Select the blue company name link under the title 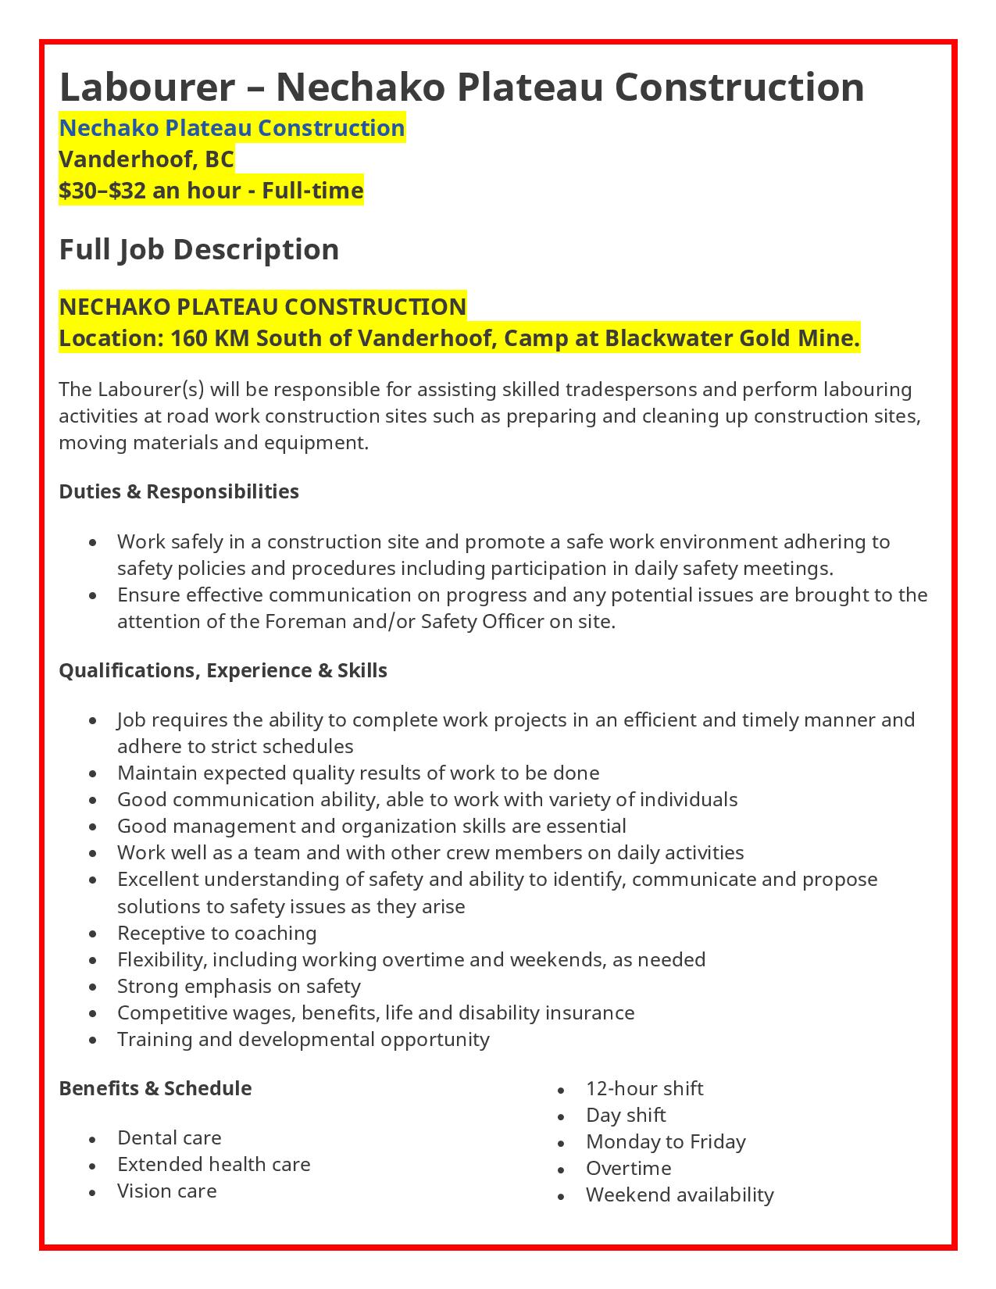point(232,128)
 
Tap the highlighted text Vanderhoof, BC point(146,159)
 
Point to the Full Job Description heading point(199,249)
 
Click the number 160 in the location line point(187,339)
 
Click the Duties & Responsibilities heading point(179,491)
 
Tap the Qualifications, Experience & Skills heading point(223,670)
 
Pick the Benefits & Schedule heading point(155,1088)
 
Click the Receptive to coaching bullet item point(216,933)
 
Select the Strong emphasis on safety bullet point(238,986)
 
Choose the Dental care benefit point(169,1137)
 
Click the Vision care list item point(166,1191)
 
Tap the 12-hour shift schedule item point(644,1088)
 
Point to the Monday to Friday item point(666,1141)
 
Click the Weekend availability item point(680,1194)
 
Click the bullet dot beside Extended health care point(94,1166)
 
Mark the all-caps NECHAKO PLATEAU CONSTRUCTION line point(262,306)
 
